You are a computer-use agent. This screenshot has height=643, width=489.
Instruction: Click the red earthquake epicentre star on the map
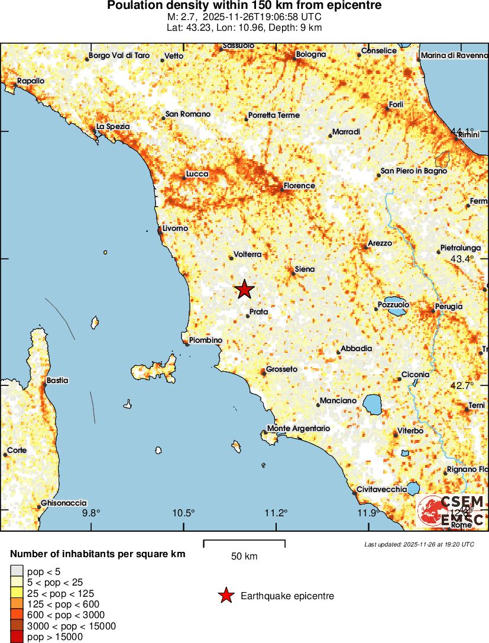point(244,290)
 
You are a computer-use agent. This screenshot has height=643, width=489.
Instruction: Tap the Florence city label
point(299,185)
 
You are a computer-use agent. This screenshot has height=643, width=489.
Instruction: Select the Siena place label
point(305,269)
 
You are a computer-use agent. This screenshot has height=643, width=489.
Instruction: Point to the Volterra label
point(248,255)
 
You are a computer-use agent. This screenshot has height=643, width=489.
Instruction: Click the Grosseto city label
point(281,369)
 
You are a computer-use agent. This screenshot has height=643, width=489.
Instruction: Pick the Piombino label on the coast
point(205,340)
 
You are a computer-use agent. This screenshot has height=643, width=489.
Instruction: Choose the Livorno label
point(175,228)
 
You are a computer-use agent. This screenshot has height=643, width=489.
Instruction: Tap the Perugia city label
point(448,306)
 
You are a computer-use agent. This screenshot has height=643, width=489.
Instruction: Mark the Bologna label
point(311,54)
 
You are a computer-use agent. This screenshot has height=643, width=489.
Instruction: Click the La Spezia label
point(113,126)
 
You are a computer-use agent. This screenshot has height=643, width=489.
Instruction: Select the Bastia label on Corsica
point(57,381)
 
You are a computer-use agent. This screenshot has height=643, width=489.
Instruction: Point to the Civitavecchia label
point(381,489)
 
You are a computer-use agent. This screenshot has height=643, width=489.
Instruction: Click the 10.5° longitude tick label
point(184,513)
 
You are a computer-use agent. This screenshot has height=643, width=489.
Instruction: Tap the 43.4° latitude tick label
point(462,259)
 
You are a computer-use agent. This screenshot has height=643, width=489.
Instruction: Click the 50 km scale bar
point(244,541)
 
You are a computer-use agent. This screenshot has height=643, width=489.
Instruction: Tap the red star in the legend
point(225,596)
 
